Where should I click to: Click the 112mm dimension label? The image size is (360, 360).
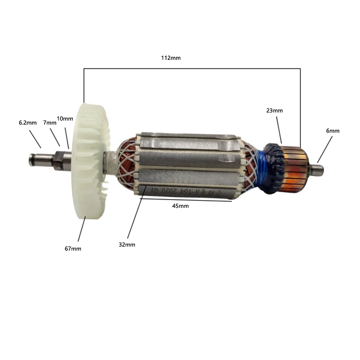click(171, 58)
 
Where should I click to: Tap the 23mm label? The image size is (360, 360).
click(274, 110)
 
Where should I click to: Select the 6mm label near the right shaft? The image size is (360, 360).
click(333, 131)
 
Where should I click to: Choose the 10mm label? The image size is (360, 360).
click(65, 119)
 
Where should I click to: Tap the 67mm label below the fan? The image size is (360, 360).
click(73, 248)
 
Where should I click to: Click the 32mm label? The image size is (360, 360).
click(127, 244)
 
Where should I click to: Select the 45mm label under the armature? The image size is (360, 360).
click(180, 206)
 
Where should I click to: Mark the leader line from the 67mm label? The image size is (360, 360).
click(81, 229)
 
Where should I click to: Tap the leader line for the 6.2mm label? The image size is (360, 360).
click(35, 139)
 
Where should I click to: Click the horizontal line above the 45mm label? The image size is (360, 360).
click(189, 201)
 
